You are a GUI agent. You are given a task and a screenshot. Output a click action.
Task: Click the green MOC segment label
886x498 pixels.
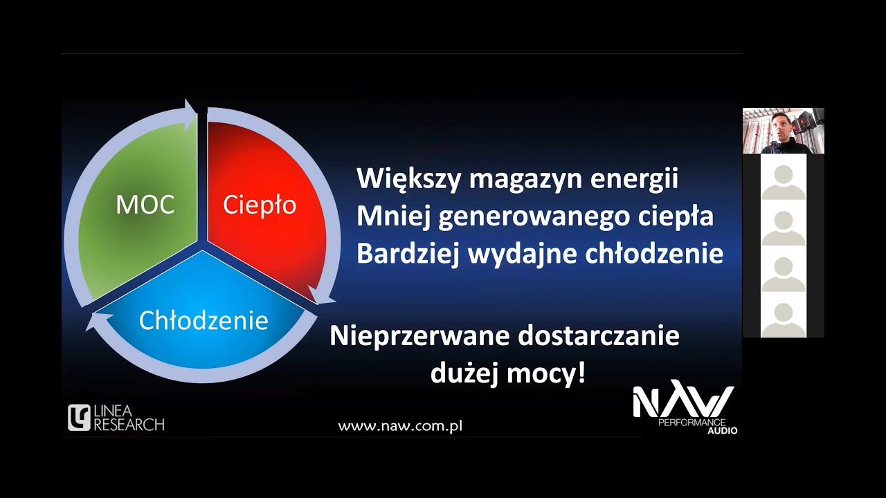pyautogui.click(x=145, y=205)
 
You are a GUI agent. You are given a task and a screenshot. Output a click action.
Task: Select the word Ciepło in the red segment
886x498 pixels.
pyautogui.click(x=260, y=205)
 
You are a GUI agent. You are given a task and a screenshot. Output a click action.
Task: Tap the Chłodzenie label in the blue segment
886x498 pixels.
pyautogui.click(x=204, y=320)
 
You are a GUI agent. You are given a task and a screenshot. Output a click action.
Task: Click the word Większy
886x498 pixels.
pyautogui.click(x=409, y=180)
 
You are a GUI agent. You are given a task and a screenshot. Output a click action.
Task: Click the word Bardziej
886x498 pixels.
pyautogui.click(x=408, y=254)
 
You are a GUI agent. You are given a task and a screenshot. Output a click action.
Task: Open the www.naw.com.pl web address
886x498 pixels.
pyautogui.click(x=400, y=426)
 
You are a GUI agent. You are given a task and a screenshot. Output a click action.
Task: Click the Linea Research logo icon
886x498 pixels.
pyautogui.click(x=79, y=418)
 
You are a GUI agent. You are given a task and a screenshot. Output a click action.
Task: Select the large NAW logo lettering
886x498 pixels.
pyautogui.click(x=683, y=401)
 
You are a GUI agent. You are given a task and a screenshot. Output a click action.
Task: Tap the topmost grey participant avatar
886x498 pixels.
pyautogui.click(x=784, y=181)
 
